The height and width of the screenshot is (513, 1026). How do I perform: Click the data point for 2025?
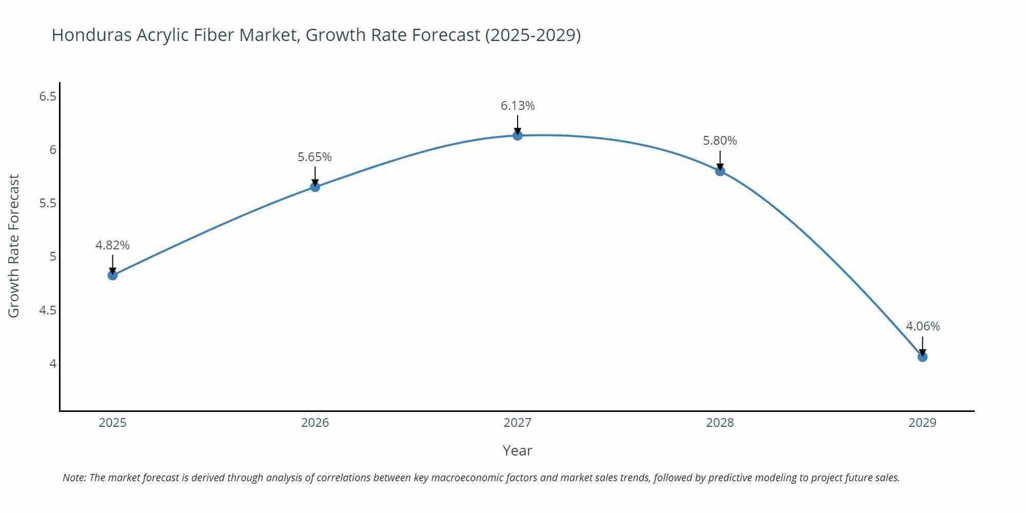(x=112, y=275)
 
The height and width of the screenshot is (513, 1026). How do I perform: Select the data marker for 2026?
(x=315, y=187)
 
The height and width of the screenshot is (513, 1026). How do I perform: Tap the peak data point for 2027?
(x=518, y=135)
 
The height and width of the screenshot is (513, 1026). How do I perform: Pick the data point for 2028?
(x=720, y=171)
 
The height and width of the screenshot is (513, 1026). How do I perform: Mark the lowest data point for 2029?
(x=922, y=357)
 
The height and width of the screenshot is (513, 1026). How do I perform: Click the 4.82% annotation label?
(x=112, y=245)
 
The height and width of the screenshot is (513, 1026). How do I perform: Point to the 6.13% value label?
(x=518, y=106)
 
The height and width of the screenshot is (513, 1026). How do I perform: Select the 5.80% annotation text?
(x=720, y=141)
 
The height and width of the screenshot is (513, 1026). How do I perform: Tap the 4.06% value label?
(x=922, y=326)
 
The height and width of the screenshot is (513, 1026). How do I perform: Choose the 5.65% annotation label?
(x=315, y=157)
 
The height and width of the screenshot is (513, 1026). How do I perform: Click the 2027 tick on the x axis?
(x=518, y=423)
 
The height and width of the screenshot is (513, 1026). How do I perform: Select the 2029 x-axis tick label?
(x=922, y=423)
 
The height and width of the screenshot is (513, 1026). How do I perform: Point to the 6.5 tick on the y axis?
(x=48, y=96)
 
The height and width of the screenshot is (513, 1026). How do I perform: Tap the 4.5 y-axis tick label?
(x=48, y=310)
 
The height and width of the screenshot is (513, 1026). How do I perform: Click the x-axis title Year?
(x=517, y=450)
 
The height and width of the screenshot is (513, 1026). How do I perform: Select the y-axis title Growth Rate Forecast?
(x=14, y=246)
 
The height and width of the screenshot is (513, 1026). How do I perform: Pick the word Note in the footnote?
(x=74, y=478)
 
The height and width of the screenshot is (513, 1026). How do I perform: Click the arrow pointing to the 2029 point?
(x=922, y=346)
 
